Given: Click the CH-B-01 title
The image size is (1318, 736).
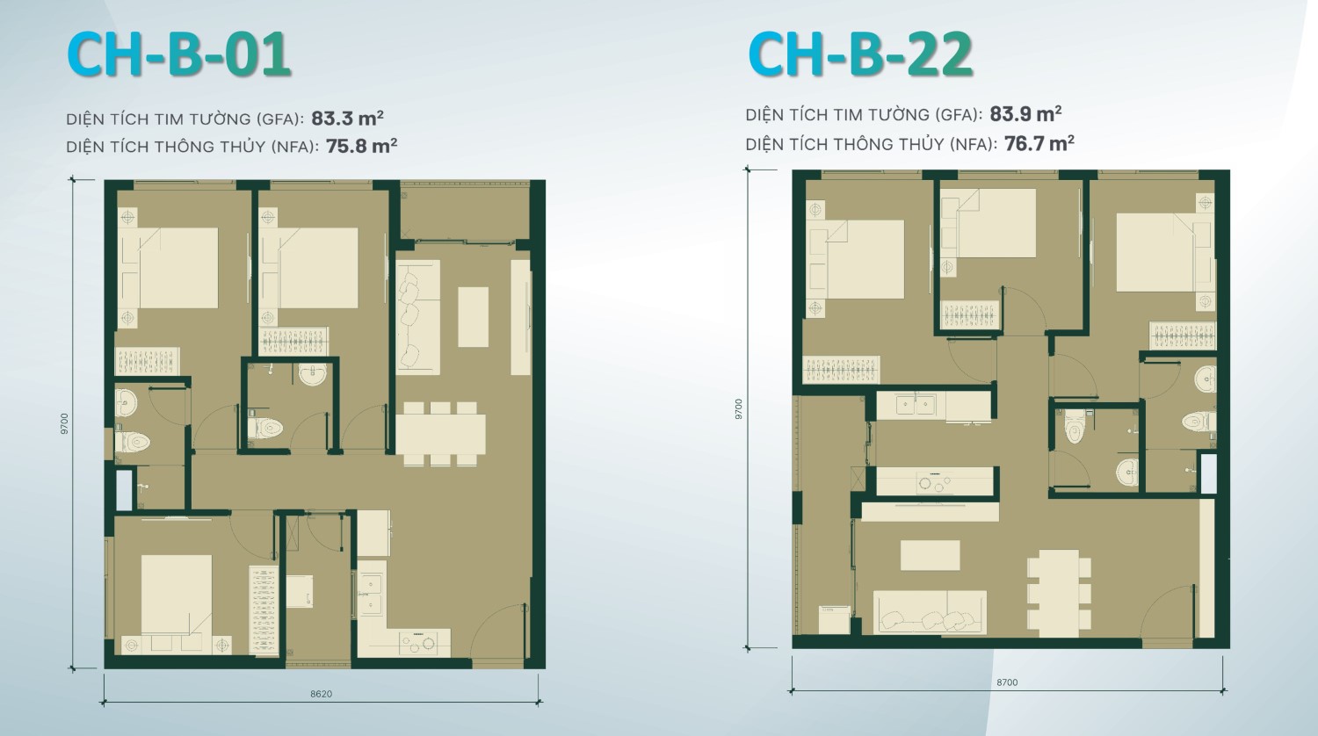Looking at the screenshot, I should click(x=178, y=55).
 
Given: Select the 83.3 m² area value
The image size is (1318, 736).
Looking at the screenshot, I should click(x=347, y=119).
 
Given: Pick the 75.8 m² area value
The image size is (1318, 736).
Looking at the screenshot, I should click(x=362, y=147).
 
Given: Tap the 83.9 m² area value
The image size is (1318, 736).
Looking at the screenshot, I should click(x=1025, y=114).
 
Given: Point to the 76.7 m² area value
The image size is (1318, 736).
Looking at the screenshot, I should click(x=1039, y=143).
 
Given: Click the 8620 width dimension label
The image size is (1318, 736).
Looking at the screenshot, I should click(x=322, y=694).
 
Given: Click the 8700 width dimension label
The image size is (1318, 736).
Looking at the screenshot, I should click(x=1008, y=682).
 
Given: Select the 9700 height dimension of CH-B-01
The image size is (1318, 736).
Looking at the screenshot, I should click(x=64, y=423).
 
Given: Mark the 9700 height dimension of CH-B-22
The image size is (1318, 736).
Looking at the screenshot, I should click(x=739, y=408).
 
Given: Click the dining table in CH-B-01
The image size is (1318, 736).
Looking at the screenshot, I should click(x=440, y=433).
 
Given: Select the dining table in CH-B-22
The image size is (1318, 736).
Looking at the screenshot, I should click(x=1058, y=593).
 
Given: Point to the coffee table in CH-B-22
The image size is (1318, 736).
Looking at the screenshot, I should click(x=930, y=555).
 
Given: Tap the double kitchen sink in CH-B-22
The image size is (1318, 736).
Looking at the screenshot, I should click(x=916, y=405).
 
